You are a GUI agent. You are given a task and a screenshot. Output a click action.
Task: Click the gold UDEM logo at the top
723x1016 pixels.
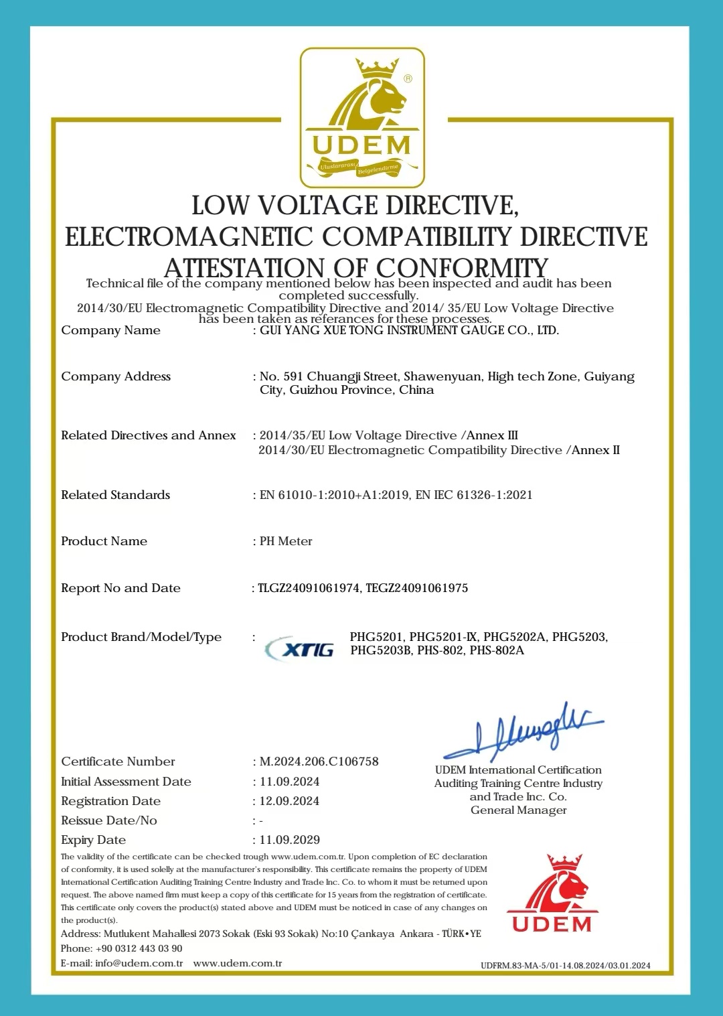[x=361, y=118]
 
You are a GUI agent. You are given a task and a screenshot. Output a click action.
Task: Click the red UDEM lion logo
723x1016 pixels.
[x=552, y=893]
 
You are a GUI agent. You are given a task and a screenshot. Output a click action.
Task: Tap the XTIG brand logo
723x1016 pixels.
[x=300, y=648]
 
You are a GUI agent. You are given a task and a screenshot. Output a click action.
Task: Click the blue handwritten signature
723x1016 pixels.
[x=524, y=731]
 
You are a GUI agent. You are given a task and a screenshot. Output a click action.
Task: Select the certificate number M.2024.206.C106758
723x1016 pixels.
[x=319, y=761]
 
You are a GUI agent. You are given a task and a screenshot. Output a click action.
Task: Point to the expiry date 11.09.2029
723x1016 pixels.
[x=289, y=840]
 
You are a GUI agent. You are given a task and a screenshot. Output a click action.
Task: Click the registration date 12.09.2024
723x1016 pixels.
[x=289, y=801]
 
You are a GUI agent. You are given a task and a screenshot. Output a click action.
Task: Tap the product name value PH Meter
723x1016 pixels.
[x=286, y=541]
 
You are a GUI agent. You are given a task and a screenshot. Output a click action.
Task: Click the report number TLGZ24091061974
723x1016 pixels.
[x=309, y=588]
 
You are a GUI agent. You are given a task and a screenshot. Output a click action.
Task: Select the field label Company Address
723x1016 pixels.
[x=116, y=376]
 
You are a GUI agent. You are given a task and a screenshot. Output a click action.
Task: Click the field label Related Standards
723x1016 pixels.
[x=115, y=495]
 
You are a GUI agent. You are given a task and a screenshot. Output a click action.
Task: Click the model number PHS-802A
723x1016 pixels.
[x=497, y=650]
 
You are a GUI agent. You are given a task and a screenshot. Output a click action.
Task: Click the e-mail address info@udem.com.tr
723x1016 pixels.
[x=139, y=963]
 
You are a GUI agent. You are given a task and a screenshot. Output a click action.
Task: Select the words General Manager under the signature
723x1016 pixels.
[x=518, y=810]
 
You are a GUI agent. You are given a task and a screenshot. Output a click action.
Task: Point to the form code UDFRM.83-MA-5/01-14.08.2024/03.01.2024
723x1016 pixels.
[x=565, y=965]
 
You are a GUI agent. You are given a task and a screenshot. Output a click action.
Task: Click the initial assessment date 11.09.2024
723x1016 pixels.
[x=289, y=782]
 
